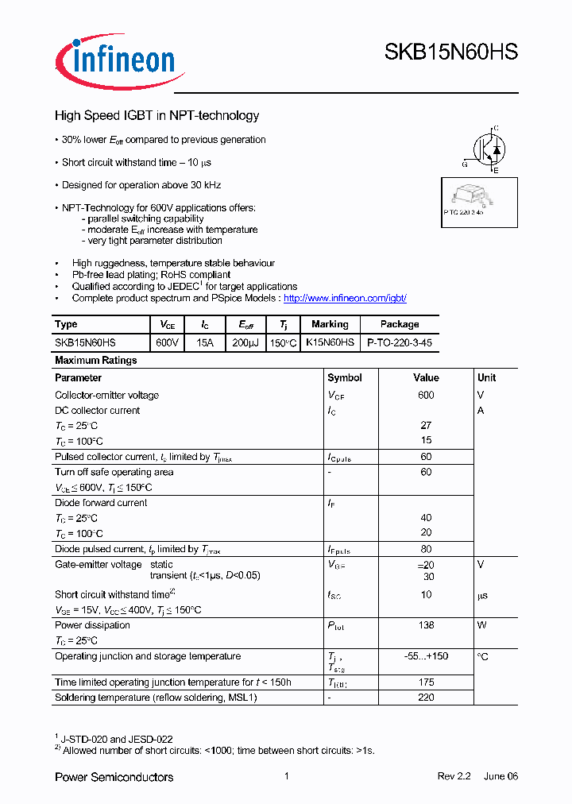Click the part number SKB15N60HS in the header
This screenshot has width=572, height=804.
(x=450, y=52)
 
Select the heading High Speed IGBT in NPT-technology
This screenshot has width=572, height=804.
(x=157, y=116)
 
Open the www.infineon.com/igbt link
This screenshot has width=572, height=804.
(x=345, y=298)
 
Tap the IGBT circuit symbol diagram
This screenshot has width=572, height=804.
(x=485, y=149)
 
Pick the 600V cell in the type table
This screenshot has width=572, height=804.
(x=168, y=342)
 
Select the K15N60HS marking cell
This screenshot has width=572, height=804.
(x=330, y=342)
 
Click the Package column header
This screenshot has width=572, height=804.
(x=400, y=324)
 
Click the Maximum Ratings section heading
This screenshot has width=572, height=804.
(x=95, y=361)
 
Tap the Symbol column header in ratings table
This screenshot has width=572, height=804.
(x=345, y=378)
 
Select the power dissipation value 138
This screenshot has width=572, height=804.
(x=426, y=625)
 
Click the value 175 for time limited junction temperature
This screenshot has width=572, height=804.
(x=426, y=682)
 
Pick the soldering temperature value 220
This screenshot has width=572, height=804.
(x=426, y=698)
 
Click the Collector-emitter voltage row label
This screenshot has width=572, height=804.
(x=106, y=396)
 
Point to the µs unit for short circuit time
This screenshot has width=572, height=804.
(x=482, y=595)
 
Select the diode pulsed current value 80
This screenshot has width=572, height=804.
(x=426, y=549)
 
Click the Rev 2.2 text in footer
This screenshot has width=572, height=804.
(x=454, y=777)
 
